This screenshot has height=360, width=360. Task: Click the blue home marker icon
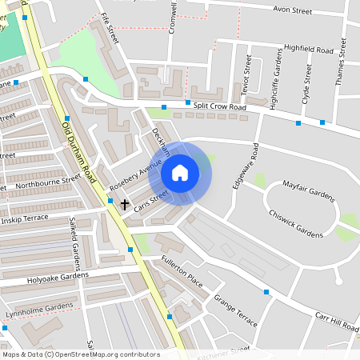(180, 172)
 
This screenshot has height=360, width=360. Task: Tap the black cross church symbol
(125, 204)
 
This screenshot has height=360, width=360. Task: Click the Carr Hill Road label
(336, 319)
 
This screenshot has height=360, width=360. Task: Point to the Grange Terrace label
(235, 310)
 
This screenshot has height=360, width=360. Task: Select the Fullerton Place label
(181, 272)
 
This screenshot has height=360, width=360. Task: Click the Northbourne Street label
(48, 182)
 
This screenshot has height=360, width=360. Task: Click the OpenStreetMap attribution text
(81, 354)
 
